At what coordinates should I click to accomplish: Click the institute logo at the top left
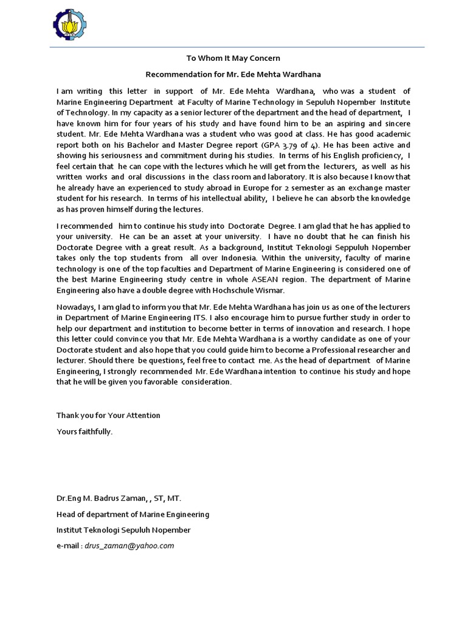(71, 26)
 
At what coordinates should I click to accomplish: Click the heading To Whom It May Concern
(233, 58)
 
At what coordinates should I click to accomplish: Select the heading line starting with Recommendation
(233, 74)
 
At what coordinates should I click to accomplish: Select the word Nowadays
(77, 307)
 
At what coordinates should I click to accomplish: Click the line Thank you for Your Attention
(108, 416)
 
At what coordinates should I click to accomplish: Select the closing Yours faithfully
(85, 431)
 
